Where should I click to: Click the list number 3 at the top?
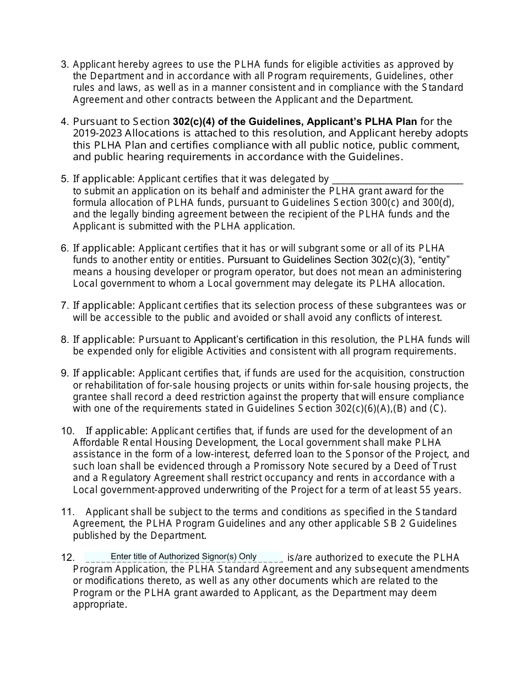[64, 64]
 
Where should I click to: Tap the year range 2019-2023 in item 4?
[97, 133]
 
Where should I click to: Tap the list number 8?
[64, 339]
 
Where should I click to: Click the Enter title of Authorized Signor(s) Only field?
[183, 556]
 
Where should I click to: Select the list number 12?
[67, 558]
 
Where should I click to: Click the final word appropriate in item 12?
[99, 604]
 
